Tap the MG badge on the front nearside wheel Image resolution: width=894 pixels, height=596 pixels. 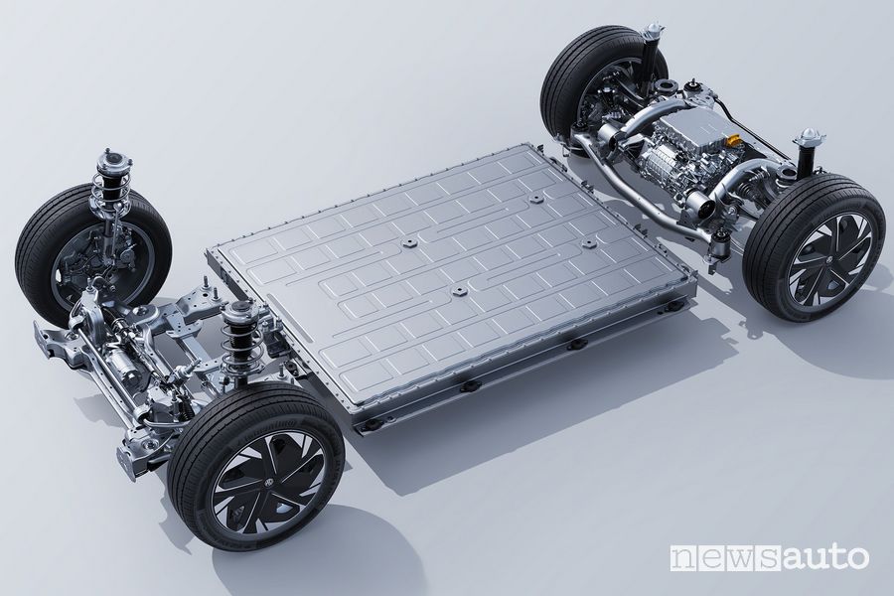pos(269,483)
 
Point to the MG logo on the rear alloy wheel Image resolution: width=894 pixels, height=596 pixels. pos(824,260)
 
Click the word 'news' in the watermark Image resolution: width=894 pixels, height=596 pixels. pos(715,558)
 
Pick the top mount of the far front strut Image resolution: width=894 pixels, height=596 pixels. pos(106,156)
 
